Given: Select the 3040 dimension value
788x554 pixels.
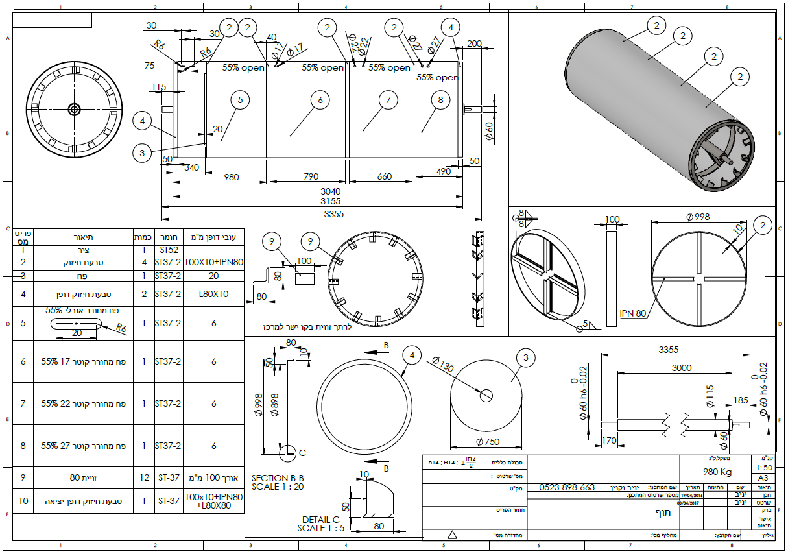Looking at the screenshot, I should (x=330, y=191).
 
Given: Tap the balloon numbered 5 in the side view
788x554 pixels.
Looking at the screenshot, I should (x=240, y=100).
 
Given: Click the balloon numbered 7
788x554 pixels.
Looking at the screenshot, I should (x=388, y=100).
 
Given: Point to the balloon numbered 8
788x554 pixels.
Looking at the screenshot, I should (x=440, y=100).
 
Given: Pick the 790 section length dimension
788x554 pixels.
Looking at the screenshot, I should (x=311, y=177).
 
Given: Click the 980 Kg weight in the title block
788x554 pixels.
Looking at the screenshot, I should (x=717, y=472).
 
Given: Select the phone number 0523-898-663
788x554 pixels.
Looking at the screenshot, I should (x=567, y=487).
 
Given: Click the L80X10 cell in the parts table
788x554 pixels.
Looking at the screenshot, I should (x=213, y=294).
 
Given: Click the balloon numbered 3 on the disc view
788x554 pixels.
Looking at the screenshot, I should (x=526, y=357).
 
